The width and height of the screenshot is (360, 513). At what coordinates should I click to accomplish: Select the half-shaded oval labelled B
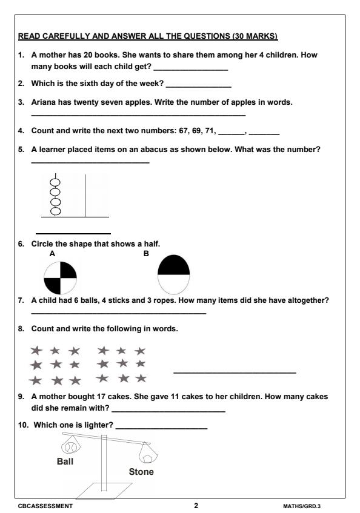[173, 274]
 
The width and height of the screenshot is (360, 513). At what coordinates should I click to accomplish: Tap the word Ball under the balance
[65, 461]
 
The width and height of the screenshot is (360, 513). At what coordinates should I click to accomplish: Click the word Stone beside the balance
[141, 472]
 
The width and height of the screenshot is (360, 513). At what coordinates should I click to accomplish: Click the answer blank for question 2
[198, 84]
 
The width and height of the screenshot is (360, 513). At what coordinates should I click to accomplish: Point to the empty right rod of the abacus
[85, 195]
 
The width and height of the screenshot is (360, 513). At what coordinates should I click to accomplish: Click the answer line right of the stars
[235, 371]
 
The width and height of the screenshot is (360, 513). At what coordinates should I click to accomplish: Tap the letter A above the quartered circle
[53, 254]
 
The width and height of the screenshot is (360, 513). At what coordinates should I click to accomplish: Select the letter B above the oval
[146, 254]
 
